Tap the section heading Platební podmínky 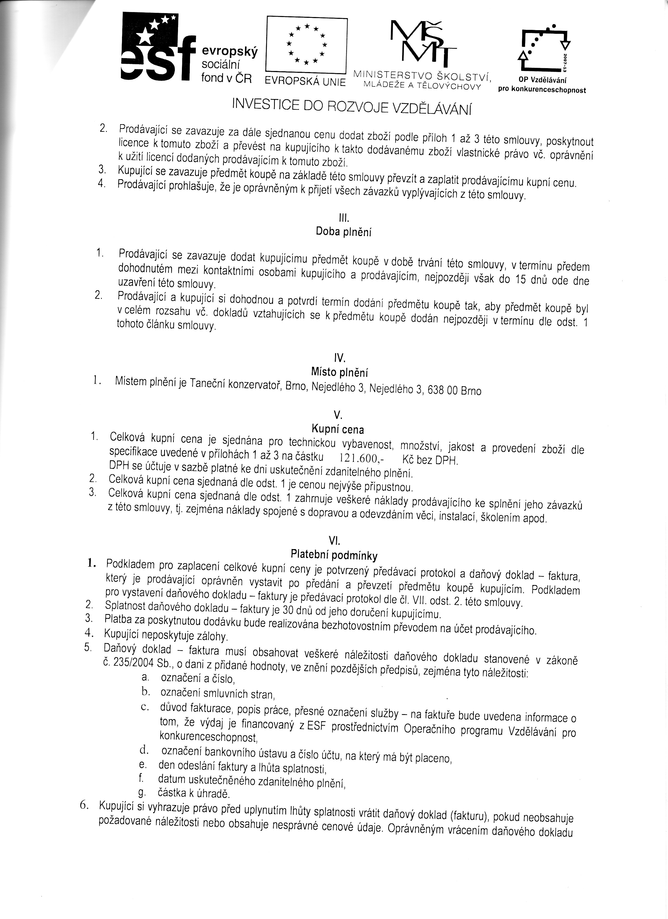[x=334, y=554]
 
